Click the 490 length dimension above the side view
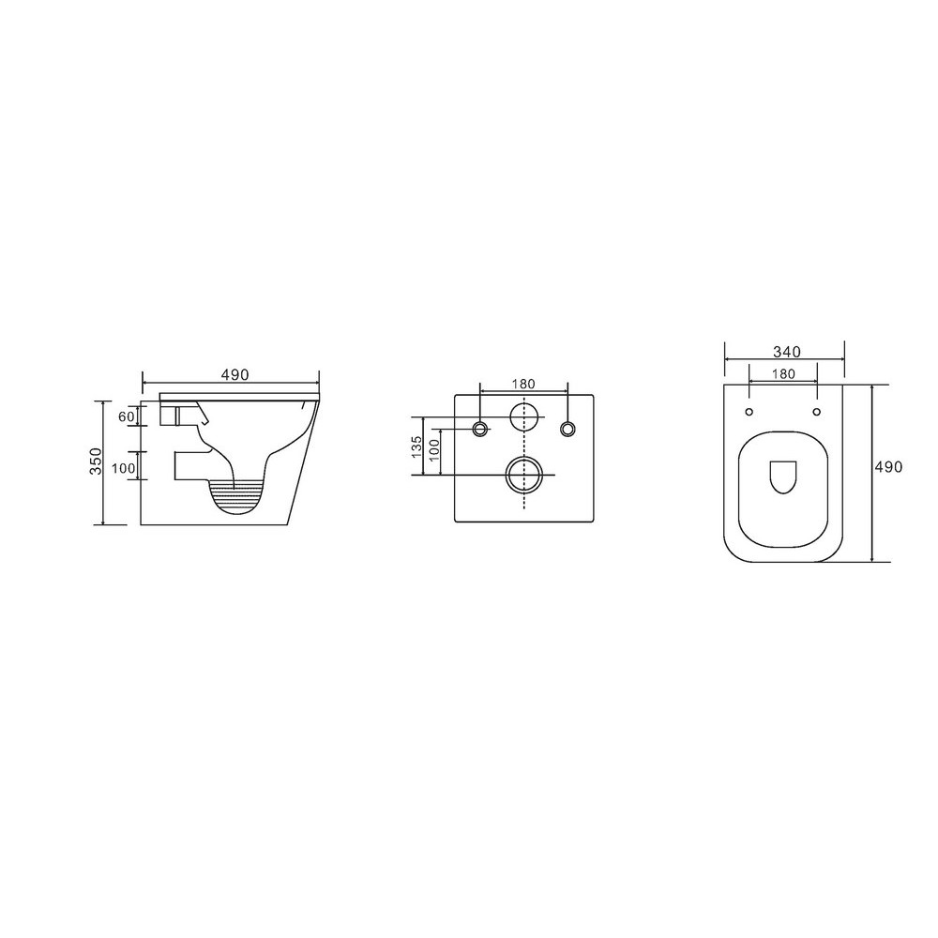234,374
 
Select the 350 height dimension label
97,461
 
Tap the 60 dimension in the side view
126,416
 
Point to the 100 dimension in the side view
124,468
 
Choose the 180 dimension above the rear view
523,384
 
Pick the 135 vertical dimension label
417,446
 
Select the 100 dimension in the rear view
434,450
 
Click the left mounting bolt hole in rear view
480,429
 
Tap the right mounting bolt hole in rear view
567,429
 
